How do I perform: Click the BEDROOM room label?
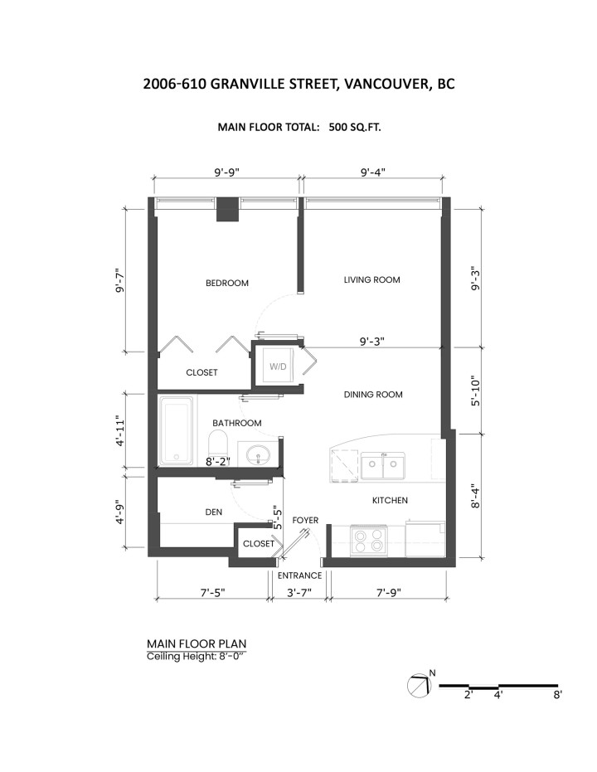227,283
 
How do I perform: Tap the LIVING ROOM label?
371,279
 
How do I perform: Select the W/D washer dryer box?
278,366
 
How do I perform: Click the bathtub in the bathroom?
177,432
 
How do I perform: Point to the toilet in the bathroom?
218,443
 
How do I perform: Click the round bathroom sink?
257,453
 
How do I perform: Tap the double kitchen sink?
383,465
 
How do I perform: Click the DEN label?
214,512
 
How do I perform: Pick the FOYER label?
305,521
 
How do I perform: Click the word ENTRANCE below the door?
299,575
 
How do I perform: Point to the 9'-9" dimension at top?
227,172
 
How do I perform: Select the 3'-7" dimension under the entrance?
299,592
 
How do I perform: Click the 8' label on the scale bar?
557,695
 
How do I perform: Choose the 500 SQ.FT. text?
355,127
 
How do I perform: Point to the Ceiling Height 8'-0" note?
196,656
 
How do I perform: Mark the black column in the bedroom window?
228,211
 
